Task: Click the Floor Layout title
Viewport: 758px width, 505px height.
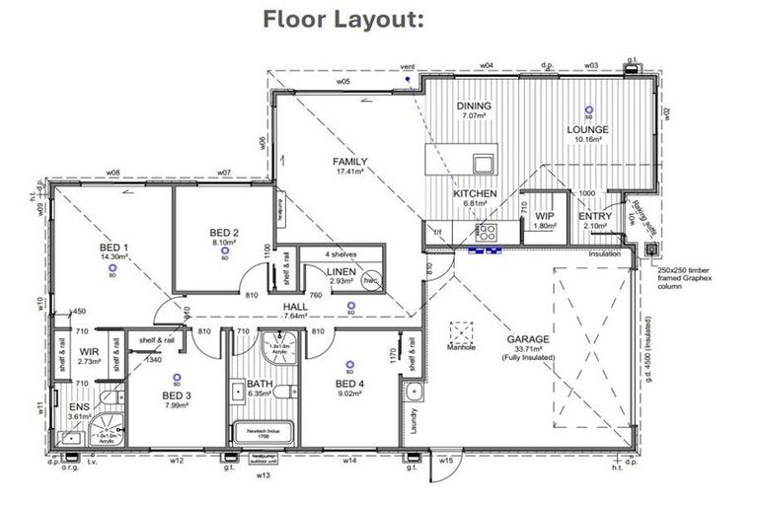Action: point(342,21)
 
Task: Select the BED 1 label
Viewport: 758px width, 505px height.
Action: point(114,247)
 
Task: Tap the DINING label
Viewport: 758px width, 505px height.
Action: point(474,107)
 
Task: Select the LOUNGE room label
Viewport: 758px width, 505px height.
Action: point(587,129)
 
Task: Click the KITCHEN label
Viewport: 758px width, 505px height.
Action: point(475,194)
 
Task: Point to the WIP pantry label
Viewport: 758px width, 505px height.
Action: point(544,216)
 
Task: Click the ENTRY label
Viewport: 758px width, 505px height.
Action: point(595,216)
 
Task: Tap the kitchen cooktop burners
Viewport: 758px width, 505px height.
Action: point(487,233)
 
